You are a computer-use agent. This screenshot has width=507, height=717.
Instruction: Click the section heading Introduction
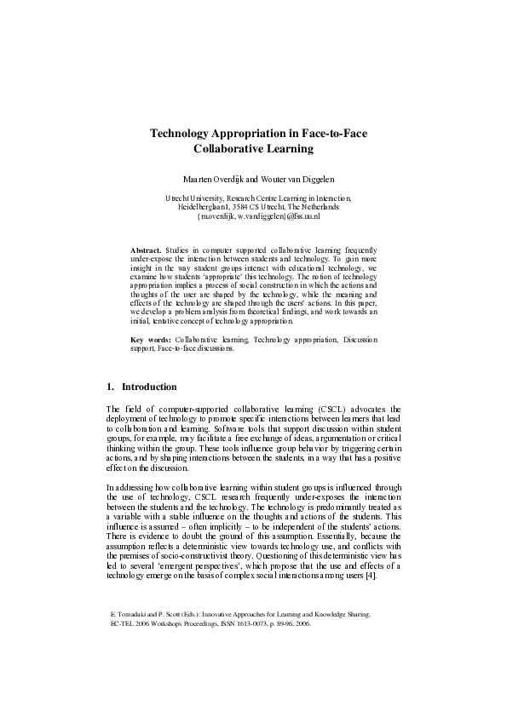click(x=149, y=387)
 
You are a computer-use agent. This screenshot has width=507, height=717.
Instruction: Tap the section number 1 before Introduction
click(x=109, y=387)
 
